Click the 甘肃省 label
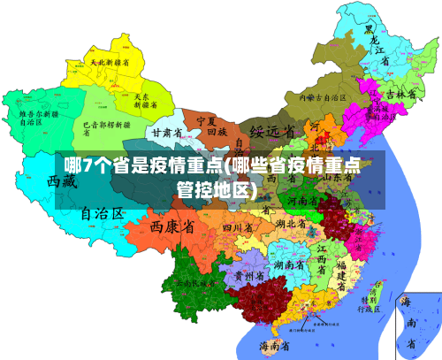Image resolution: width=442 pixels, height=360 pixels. point(166,132)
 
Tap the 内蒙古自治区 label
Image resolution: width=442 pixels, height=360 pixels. point(321,98)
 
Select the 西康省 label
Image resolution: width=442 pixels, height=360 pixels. point(172,227)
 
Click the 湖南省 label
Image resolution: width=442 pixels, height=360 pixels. point(290,265)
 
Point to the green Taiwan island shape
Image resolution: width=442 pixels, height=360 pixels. point(379,291)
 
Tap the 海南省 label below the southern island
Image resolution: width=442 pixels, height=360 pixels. point(275,345)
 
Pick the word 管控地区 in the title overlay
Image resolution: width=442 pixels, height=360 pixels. point(216,189)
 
